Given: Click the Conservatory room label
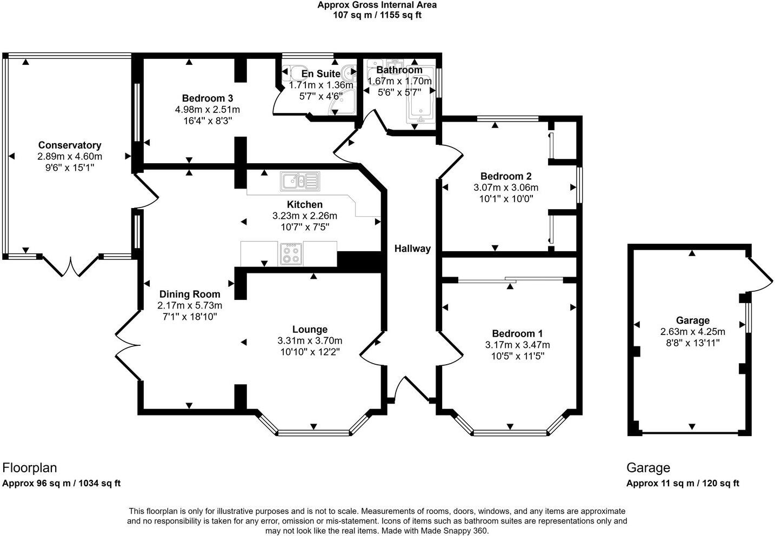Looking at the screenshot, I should [x=69, y=145].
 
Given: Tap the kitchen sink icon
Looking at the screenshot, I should [x=299, y=181].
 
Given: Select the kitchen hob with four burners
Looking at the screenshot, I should [x=291, y=253].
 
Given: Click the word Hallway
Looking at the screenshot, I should [x=412, y=249].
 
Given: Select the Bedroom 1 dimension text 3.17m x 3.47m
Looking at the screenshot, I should [x=517, y=345].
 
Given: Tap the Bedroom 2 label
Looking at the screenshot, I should [x=506, y=176].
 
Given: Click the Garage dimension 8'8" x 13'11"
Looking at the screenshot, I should [x=692, y=343].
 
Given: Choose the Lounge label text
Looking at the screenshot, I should [x=310, y=329].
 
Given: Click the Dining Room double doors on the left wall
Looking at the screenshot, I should [x=128, y=344].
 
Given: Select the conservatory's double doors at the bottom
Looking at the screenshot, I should [x=71, y=266].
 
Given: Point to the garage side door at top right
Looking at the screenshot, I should [x=760, y=272].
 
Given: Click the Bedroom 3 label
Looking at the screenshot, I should [x=207, y=98].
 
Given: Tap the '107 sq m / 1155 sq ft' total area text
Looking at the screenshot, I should [x=377, y=15].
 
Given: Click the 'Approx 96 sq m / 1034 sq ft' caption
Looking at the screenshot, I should [x=61, y=483].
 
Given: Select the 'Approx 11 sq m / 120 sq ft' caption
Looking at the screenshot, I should [x=683, y=483].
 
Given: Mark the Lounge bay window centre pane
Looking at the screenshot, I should [x=313, y=432].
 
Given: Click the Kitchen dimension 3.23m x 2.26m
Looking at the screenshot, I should [x=304, y=216].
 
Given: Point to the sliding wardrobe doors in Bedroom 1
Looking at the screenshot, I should [x=510, y=279].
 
